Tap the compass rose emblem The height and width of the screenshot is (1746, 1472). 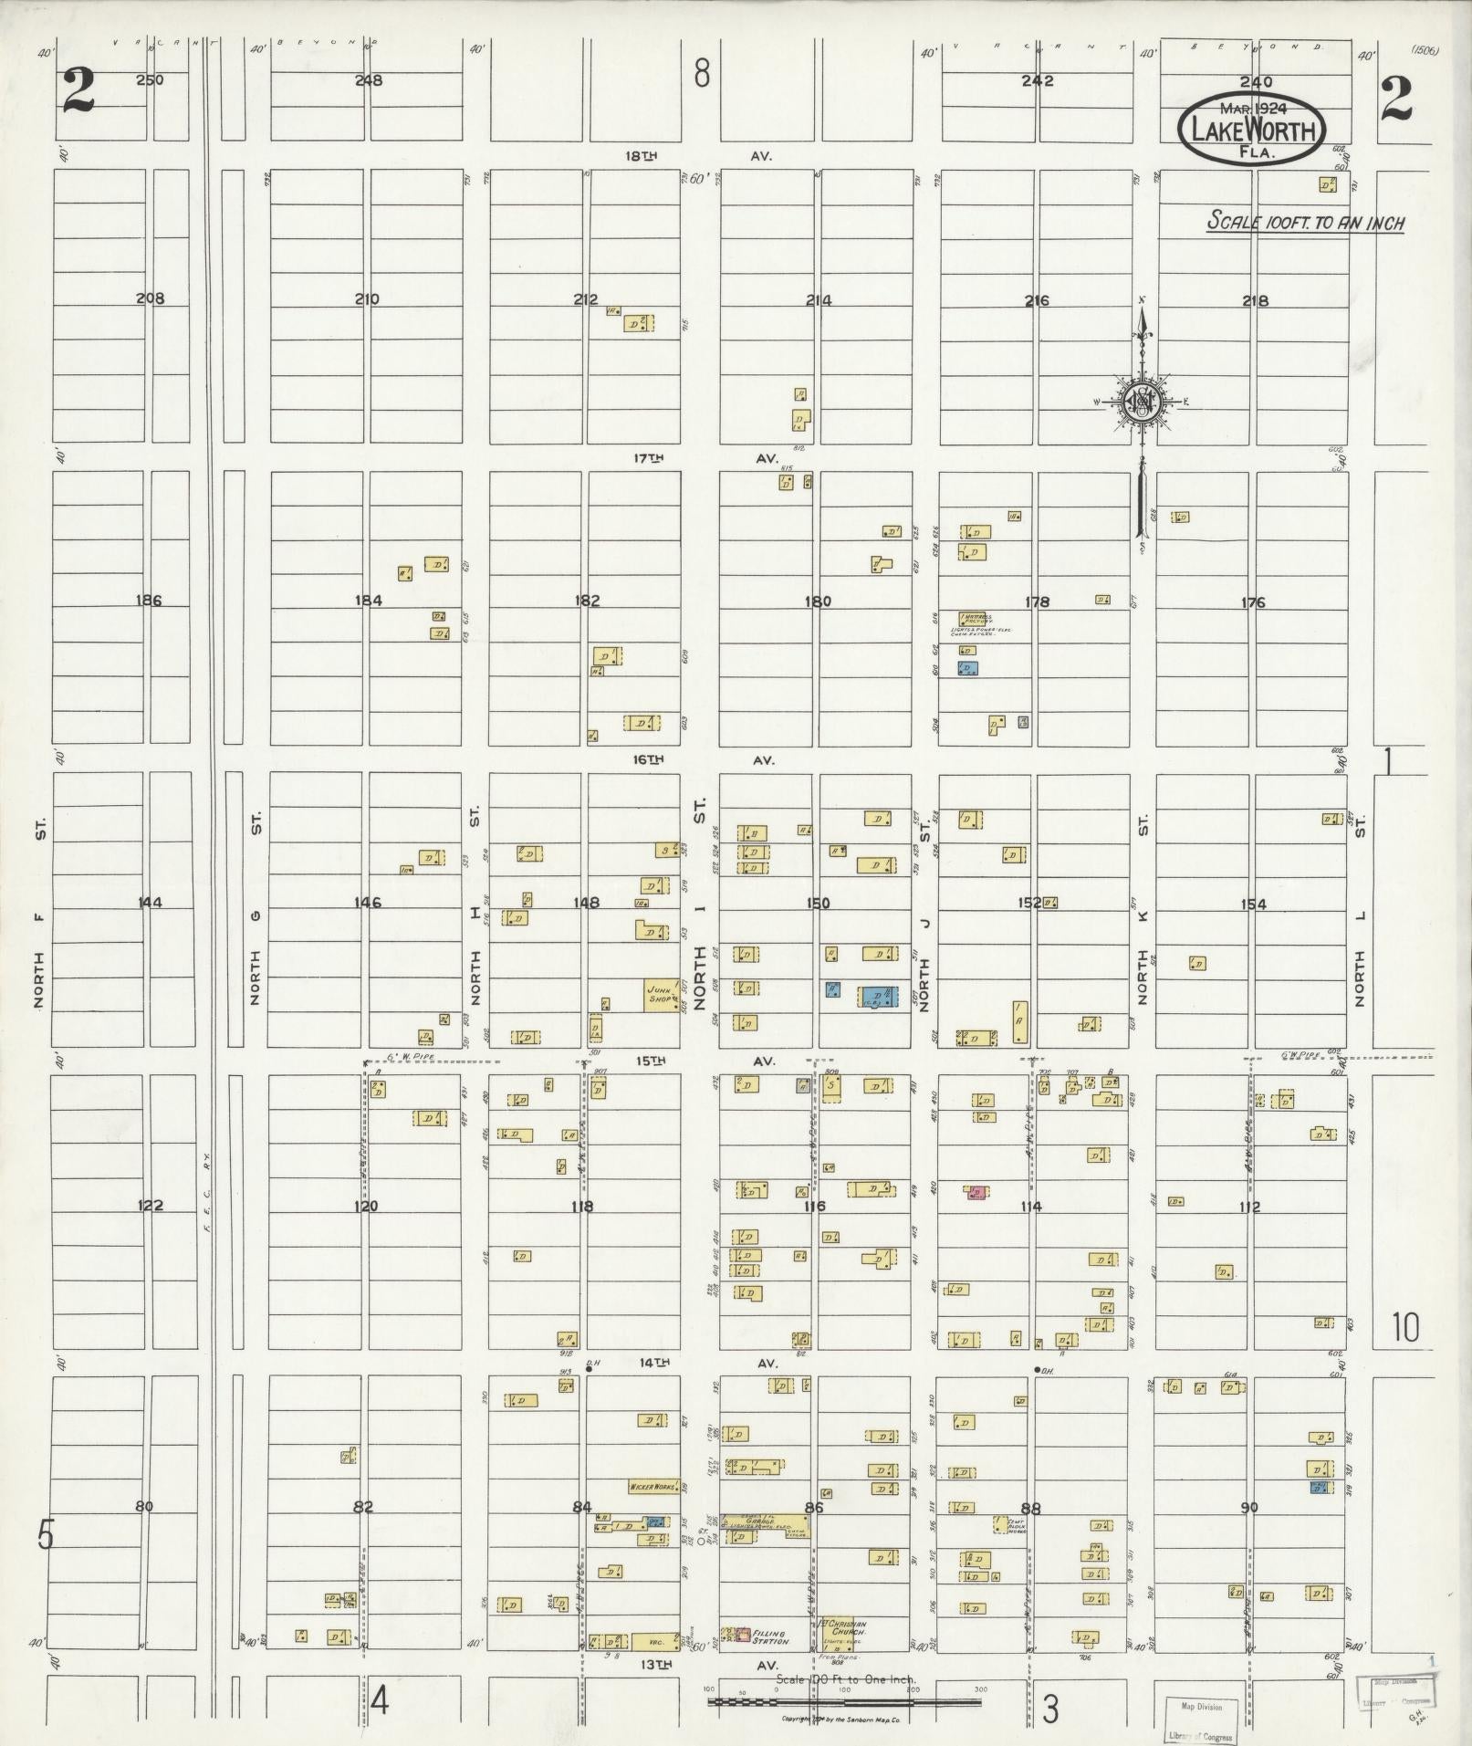click(1141, 401)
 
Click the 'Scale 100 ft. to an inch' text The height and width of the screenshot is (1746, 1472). click(1305, 222)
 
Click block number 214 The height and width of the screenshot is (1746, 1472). click(819, 299)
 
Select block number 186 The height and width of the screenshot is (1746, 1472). click(148, 601)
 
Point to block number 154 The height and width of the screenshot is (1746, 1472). click(1253, 904)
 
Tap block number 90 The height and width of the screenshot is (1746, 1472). click(1249, 1507)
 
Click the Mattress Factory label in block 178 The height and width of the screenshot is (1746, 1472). click(982, 619)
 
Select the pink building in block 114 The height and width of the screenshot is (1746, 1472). click(976, 1191)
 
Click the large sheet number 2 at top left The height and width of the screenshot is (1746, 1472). click(80, 92)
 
